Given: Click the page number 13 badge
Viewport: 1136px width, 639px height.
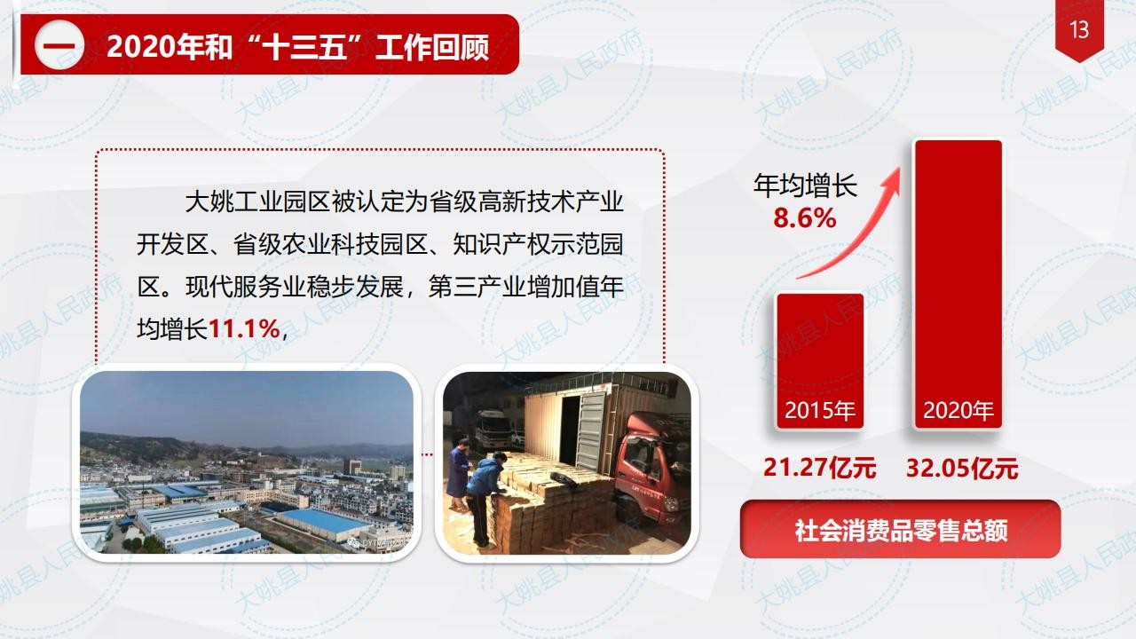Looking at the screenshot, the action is point(1079,30).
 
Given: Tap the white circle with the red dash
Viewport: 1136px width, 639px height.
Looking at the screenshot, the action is point(59,44).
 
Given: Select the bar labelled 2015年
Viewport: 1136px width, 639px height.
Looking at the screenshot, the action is point(820,361).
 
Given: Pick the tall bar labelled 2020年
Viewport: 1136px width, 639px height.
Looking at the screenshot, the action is point(958,285).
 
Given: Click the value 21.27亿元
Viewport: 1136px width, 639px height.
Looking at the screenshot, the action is point(819,467).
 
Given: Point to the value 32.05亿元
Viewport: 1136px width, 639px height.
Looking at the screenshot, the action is point(962,468).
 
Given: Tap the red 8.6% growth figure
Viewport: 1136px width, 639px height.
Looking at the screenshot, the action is point(805,218).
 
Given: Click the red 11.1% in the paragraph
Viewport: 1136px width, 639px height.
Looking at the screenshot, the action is point(244,329).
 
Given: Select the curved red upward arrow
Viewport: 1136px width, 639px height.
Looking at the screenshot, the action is point(857,228).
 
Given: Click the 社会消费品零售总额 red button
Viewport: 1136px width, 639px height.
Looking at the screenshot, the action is point(900,530).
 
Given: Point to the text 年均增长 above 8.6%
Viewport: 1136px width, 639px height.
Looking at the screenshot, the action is point(805,185).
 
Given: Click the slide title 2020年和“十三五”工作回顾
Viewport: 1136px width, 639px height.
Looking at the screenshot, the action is point(297,47).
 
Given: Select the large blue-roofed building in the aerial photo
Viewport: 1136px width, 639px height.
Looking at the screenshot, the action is point(325,524).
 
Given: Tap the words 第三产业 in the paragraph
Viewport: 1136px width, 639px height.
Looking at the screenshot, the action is point(477,287).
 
